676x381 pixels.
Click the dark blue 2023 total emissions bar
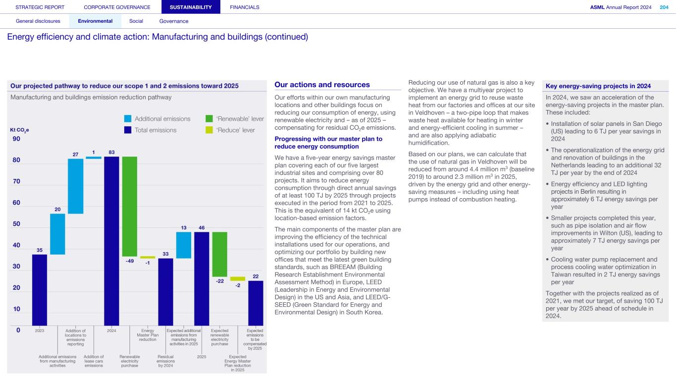point(40,290)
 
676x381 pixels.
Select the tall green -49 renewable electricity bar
point(130,206)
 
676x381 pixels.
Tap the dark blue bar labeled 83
point(111,241)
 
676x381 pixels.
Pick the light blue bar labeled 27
point(76,186)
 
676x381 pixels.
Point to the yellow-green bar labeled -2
point(238,279)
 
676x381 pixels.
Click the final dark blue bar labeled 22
point(256,303)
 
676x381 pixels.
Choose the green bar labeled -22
point(220,254)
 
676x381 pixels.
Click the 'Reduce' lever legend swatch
point(209,130)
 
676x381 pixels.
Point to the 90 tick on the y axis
point(16,139)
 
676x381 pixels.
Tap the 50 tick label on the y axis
point(16,224)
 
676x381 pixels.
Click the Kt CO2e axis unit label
point(19,130)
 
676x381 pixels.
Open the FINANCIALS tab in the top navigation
point(245,7)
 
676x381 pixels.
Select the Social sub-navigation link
point(136,21)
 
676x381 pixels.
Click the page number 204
point(664,7)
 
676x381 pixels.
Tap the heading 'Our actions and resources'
point(322,85)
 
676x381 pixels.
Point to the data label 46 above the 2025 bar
point(202,228)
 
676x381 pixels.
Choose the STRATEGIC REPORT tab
point(40,7)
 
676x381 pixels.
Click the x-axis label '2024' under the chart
point(111,330)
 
